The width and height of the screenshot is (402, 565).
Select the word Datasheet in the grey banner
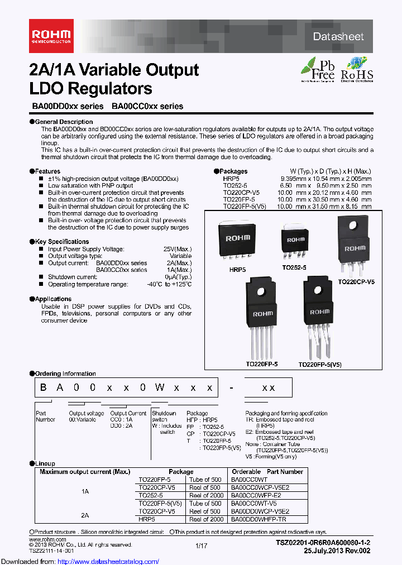click(x=338, y=37)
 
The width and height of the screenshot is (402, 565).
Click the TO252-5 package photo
click(x=296, y=240)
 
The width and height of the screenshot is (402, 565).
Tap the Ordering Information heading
click(x=65, y=374)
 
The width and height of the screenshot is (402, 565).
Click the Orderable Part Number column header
click(x=267, y=472)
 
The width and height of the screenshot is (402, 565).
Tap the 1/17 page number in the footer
click(x=201, y=545)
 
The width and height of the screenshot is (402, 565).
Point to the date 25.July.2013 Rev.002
click(x=337, y=550)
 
